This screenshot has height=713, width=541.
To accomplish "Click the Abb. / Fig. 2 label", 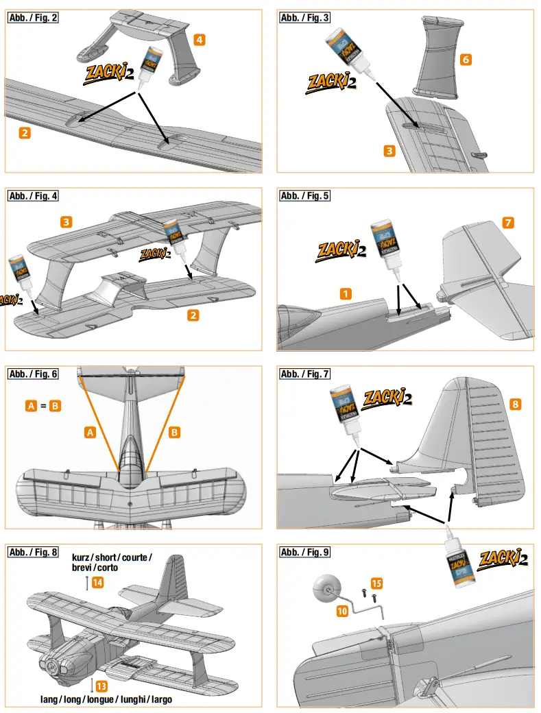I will pos(32,18).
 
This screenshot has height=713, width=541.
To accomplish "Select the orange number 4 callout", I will pos(199,40).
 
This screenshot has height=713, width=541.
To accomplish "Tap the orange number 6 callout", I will pos(466,60).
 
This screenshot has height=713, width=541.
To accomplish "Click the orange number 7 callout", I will pos(507,223).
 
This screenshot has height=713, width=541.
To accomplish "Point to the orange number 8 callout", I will pos(515,404).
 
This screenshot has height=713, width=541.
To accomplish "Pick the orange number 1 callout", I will pos(346,293).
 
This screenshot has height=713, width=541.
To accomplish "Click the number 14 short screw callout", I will pos(98,583).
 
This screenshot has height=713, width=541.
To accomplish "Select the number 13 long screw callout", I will pos(101,686).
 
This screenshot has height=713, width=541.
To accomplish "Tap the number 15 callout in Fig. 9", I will pos(376,583).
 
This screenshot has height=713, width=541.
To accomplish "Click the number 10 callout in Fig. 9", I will pos(342,611).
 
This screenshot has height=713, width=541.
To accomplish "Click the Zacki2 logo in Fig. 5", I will pos(341,250).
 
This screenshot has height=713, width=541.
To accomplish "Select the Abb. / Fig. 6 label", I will pos(32,374).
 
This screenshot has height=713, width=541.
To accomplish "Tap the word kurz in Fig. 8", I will pos(82,557).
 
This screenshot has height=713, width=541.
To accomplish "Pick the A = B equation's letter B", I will pos(56,406).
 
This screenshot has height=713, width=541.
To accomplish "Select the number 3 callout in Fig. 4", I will pos(66,222).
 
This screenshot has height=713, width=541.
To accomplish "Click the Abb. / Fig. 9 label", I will pos(304,552).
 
